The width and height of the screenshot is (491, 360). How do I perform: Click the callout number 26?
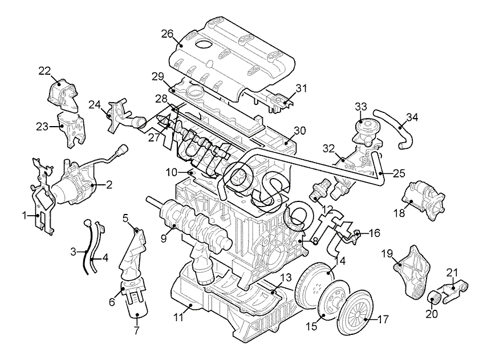[167, 34]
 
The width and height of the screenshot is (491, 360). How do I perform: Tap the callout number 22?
[44, 71]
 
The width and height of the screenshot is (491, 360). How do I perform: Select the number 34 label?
[412, 118]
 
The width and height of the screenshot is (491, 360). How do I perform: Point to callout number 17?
[383, 319]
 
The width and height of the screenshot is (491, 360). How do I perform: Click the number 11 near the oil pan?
[178, 317]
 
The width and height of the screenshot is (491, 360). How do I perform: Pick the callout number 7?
[136, 330]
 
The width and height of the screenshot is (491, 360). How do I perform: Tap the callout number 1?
[24, 216]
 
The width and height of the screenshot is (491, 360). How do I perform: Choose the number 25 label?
[399, 173]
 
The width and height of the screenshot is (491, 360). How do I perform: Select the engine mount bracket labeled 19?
[410, 272]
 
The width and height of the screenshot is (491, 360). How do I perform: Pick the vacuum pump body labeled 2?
[75, 184]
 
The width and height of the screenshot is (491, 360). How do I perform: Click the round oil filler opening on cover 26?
[204, 44]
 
